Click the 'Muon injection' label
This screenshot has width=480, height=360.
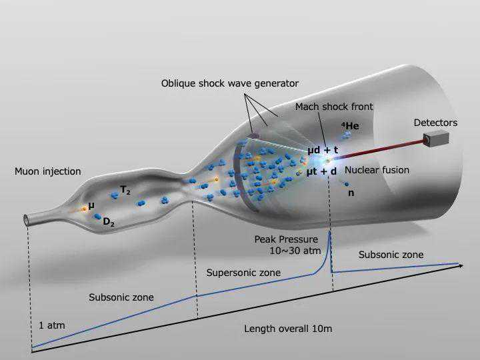tap(47, 171)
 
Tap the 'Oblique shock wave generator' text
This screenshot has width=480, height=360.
tap(229, 83)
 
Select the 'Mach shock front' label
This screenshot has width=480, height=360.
tap(334, 107)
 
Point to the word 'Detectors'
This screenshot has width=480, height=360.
tap(435, 123)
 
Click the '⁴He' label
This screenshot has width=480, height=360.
tap(350, 125)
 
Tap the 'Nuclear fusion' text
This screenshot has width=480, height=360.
tap(377, 170)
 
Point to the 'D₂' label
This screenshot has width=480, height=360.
tap(109, 222)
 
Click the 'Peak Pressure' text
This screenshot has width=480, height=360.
tap(286, 239)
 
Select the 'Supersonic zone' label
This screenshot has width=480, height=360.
tap(243, 273)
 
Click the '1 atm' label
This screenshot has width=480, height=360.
tap(51, 326)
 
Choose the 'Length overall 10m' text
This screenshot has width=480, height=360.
tap(288, 329)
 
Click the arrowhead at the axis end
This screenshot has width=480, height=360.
tap(460, 265)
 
